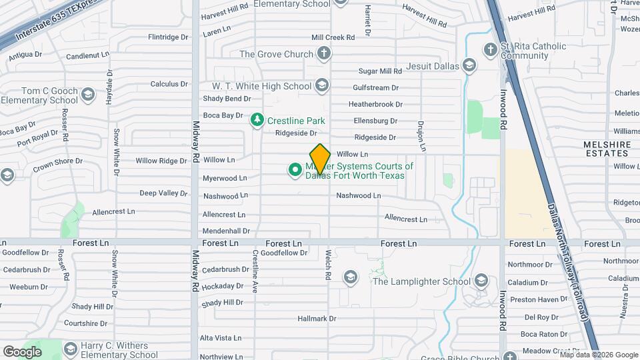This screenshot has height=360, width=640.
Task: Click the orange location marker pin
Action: click(321, 159)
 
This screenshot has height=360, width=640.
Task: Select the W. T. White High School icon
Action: click(322, 85)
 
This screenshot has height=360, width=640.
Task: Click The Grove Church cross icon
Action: click(323, 54)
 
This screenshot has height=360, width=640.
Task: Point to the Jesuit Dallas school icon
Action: click(470, 65)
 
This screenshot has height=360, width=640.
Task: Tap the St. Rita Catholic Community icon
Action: click(490, 50)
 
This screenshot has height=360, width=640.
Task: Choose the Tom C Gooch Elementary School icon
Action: click(87, 95)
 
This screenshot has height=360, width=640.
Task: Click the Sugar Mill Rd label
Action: click(380, 71)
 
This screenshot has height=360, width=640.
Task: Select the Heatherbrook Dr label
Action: click(375, 104)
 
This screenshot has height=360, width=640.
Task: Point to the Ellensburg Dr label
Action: click(375, 121)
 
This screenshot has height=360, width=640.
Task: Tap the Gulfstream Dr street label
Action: click(375, 87)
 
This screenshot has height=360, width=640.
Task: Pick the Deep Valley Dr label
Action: click(163, 193)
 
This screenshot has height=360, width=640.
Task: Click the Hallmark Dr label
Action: click(317, 319)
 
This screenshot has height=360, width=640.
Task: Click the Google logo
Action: click(22, 351)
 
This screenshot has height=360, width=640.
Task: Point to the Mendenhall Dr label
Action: click(226, 231)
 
